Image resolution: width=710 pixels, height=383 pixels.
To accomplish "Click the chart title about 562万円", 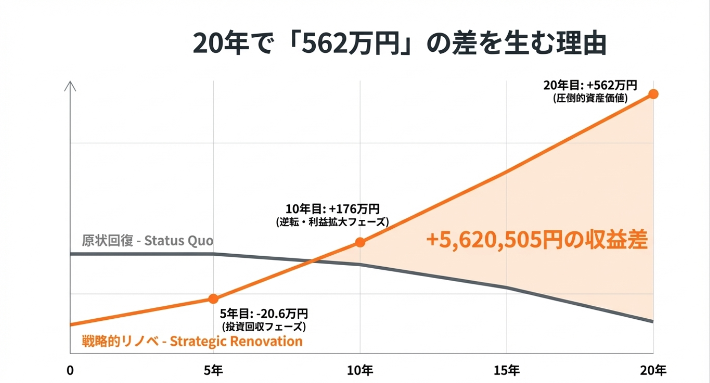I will point(399,44).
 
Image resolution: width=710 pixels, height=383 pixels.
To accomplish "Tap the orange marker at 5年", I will point(213,299).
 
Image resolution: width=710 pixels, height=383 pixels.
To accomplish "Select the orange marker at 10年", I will point(360,242).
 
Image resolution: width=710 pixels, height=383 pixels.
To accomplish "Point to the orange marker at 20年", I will point(653,94).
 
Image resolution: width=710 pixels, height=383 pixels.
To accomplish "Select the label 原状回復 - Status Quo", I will point(148,241).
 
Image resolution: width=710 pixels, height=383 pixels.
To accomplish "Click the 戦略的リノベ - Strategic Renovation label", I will point(192,341).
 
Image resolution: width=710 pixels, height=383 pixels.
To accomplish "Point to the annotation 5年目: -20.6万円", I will point(264,314).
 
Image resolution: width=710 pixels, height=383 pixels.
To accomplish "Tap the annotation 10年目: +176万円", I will point(332,209).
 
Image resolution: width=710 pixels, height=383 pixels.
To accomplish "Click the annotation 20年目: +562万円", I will point(590,85).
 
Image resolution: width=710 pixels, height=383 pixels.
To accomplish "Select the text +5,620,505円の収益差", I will point(536,241).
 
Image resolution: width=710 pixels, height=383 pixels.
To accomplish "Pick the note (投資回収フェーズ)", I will point(263,327).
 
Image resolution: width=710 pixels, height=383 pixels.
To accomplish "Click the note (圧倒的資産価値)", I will point(590,98).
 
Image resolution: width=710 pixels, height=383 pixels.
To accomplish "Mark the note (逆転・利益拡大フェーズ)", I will point(332,222).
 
